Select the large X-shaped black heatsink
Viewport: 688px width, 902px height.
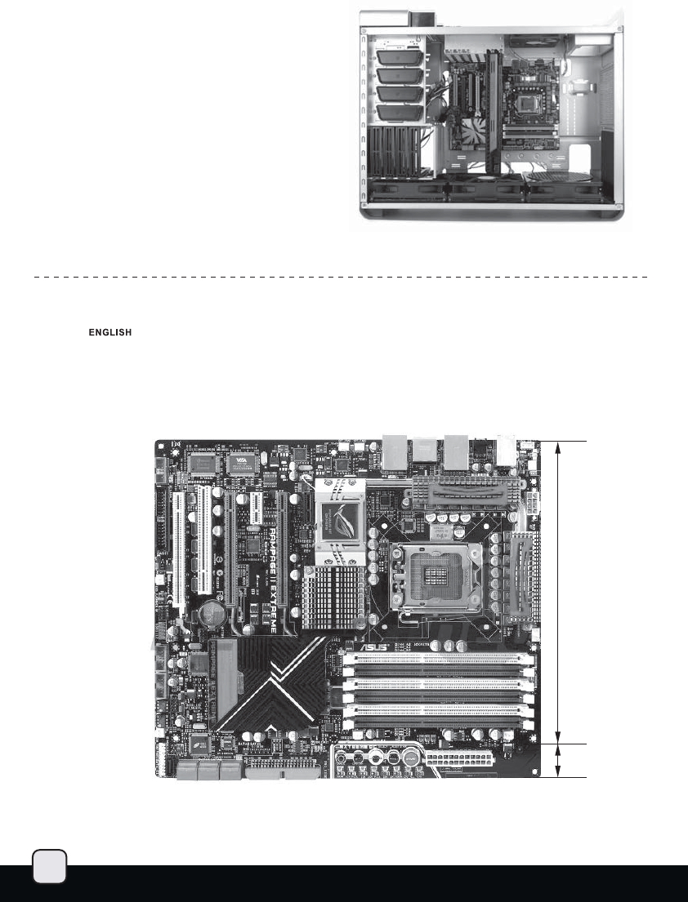(x=266, y=684)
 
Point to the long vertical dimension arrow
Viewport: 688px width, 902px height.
(x=558, y=592)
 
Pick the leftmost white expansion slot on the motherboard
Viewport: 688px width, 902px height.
(x=174, y=549)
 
